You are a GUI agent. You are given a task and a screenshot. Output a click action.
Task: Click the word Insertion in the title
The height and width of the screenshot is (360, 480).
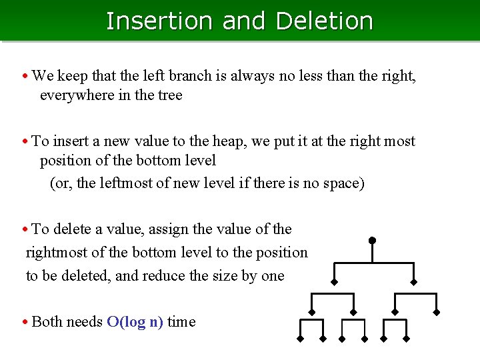161,21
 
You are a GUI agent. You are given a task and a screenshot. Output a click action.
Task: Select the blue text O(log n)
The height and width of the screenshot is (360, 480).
135,322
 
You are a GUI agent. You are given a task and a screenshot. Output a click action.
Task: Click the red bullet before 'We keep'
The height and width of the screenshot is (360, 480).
25,77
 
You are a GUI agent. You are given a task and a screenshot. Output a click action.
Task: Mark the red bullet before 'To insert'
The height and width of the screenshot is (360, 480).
25,142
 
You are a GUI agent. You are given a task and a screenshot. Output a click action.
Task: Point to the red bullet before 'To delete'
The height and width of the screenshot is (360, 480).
25,230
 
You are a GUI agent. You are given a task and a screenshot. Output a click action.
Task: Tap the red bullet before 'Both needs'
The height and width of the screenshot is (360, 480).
25,323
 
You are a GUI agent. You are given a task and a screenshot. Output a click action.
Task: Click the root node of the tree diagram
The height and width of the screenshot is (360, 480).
372,240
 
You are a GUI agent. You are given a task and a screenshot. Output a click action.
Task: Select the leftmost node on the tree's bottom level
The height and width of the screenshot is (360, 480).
301,340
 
